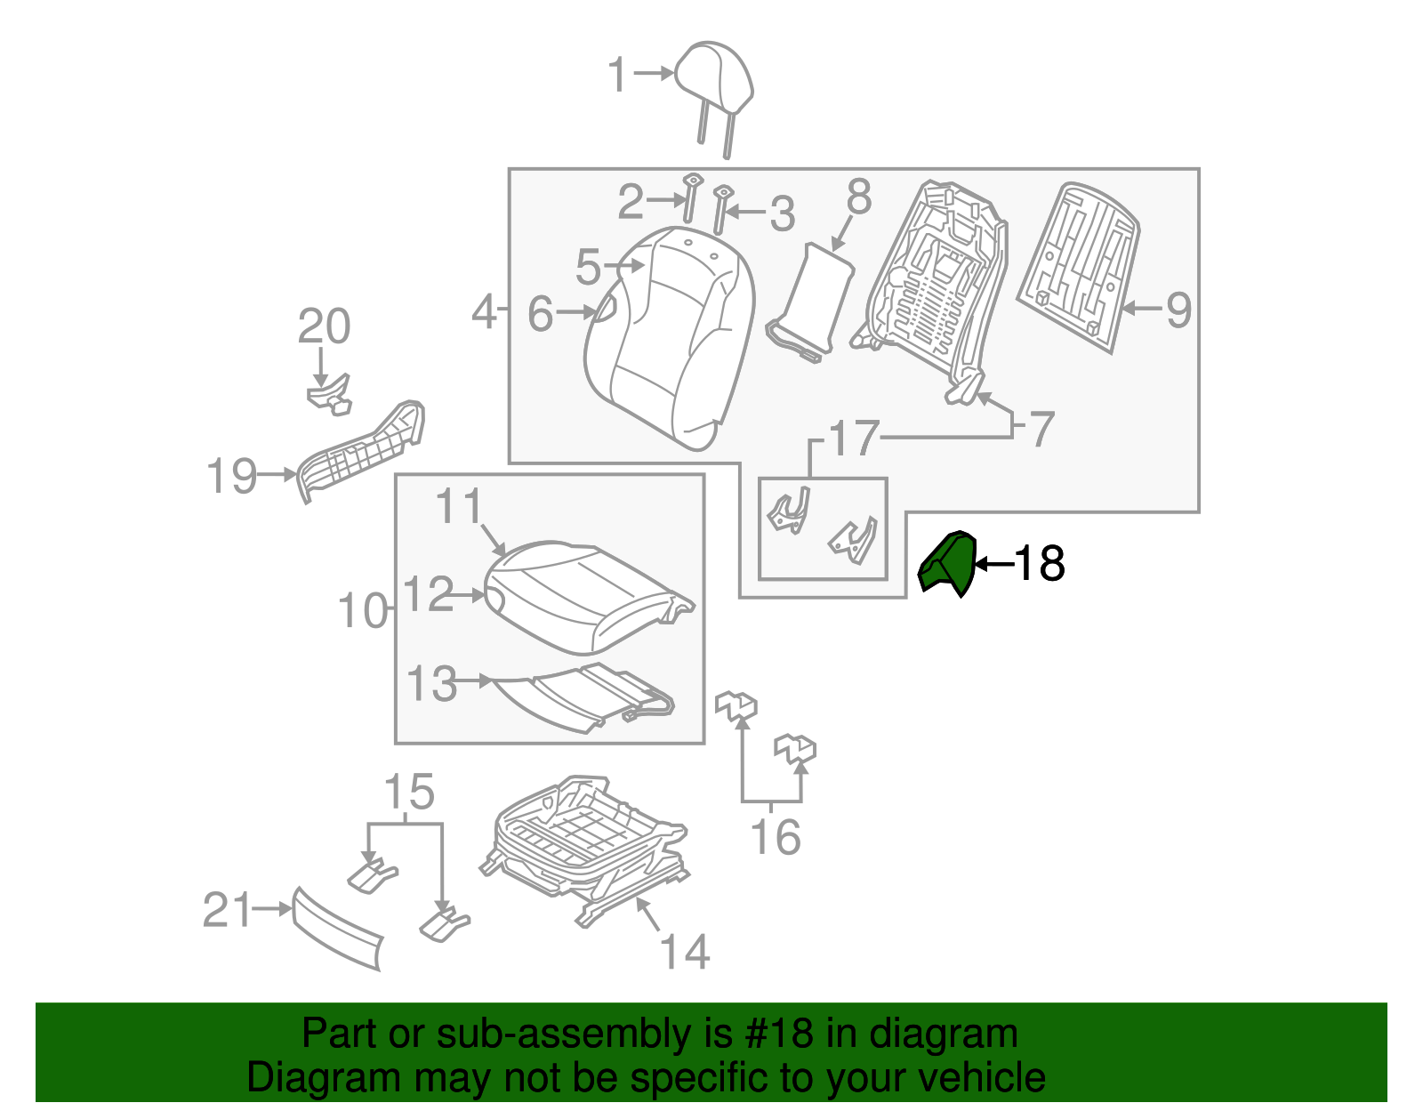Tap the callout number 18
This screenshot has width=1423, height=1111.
tap(1040, 563)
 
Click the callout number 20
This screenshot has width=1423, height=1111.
tap(324, 326)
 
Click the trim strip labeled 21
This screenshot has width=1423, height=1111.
tap(336, 929)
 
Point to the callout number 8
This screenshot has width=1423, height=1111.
tap(859, 197)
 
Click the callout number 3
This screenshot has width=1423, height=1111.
tap(782, 213)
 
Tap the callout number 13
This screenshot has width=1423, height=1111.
tap(430, 683)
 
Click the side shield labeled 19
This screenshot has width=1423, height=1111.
tap(361, 452)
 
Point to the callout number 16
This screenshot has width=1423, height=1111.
tap(776, 837)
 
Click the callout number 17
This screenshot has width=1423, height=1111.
tap(853, 438)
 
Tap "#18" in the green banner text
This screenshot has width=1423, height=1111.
tap(778, 1034)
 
